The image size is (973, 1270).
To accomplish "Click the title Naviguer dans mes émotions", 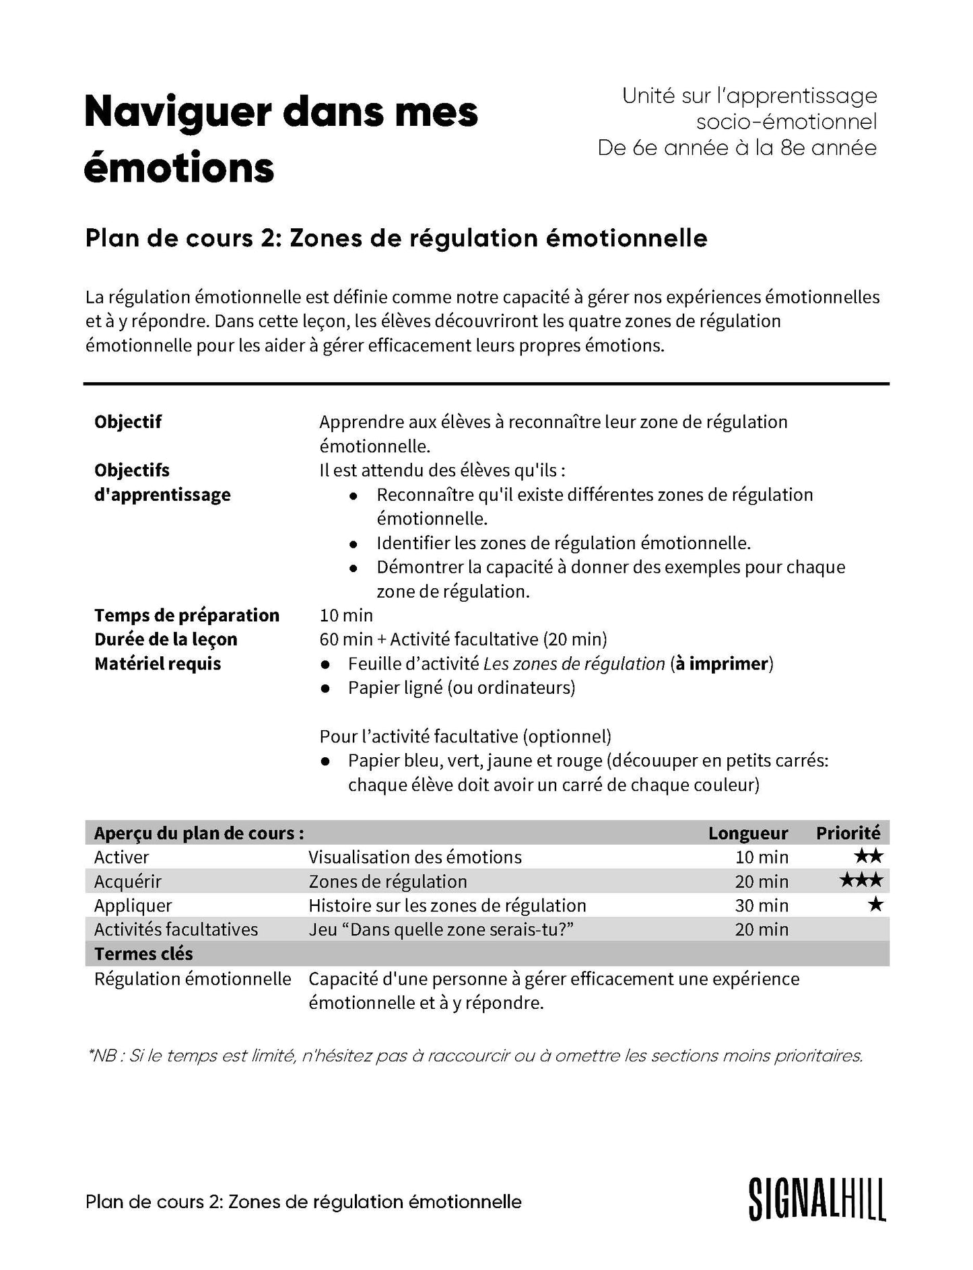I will point(281,139).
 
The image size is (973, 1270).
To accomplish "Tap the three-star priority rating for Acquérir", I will point(861,880).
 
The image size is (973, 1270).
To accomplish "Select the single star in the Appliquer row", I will point(875,905).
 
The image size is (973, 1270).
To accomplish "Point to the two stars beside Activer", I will point(868,856).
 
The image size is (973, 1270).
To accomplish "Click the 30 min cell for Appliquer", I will point(762,905).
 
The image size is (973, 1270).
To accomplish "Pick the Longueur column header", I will point(747,833).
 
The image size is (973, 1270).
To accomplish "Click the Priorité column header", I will point(848,833).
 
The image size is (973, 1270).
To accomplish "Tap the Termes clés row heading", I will point(143,954).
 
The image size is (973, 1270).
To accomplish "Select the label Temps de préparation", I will point(187,615).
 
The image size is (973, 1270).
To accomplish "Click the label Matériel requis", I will point(158,664).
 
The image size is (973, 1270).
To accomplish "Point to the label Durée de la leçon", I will point(166,639).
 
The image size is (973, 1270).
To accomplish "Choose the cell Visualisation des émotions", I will point(415,857).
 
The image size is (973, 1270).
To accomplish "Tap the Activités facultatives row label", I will point(176,929).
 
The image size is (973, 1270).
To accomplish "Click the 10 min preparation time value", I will point(346,615).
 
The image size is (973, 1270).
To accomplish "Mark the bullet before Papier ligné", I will point(326,689).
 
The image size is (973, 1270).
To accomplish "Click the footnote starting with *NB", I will point(475,1055).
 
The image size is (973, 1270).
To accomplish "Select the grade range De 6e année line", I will point(737,147).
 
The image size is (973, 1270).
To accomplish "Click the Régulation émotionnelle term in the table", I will point(193,979).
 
